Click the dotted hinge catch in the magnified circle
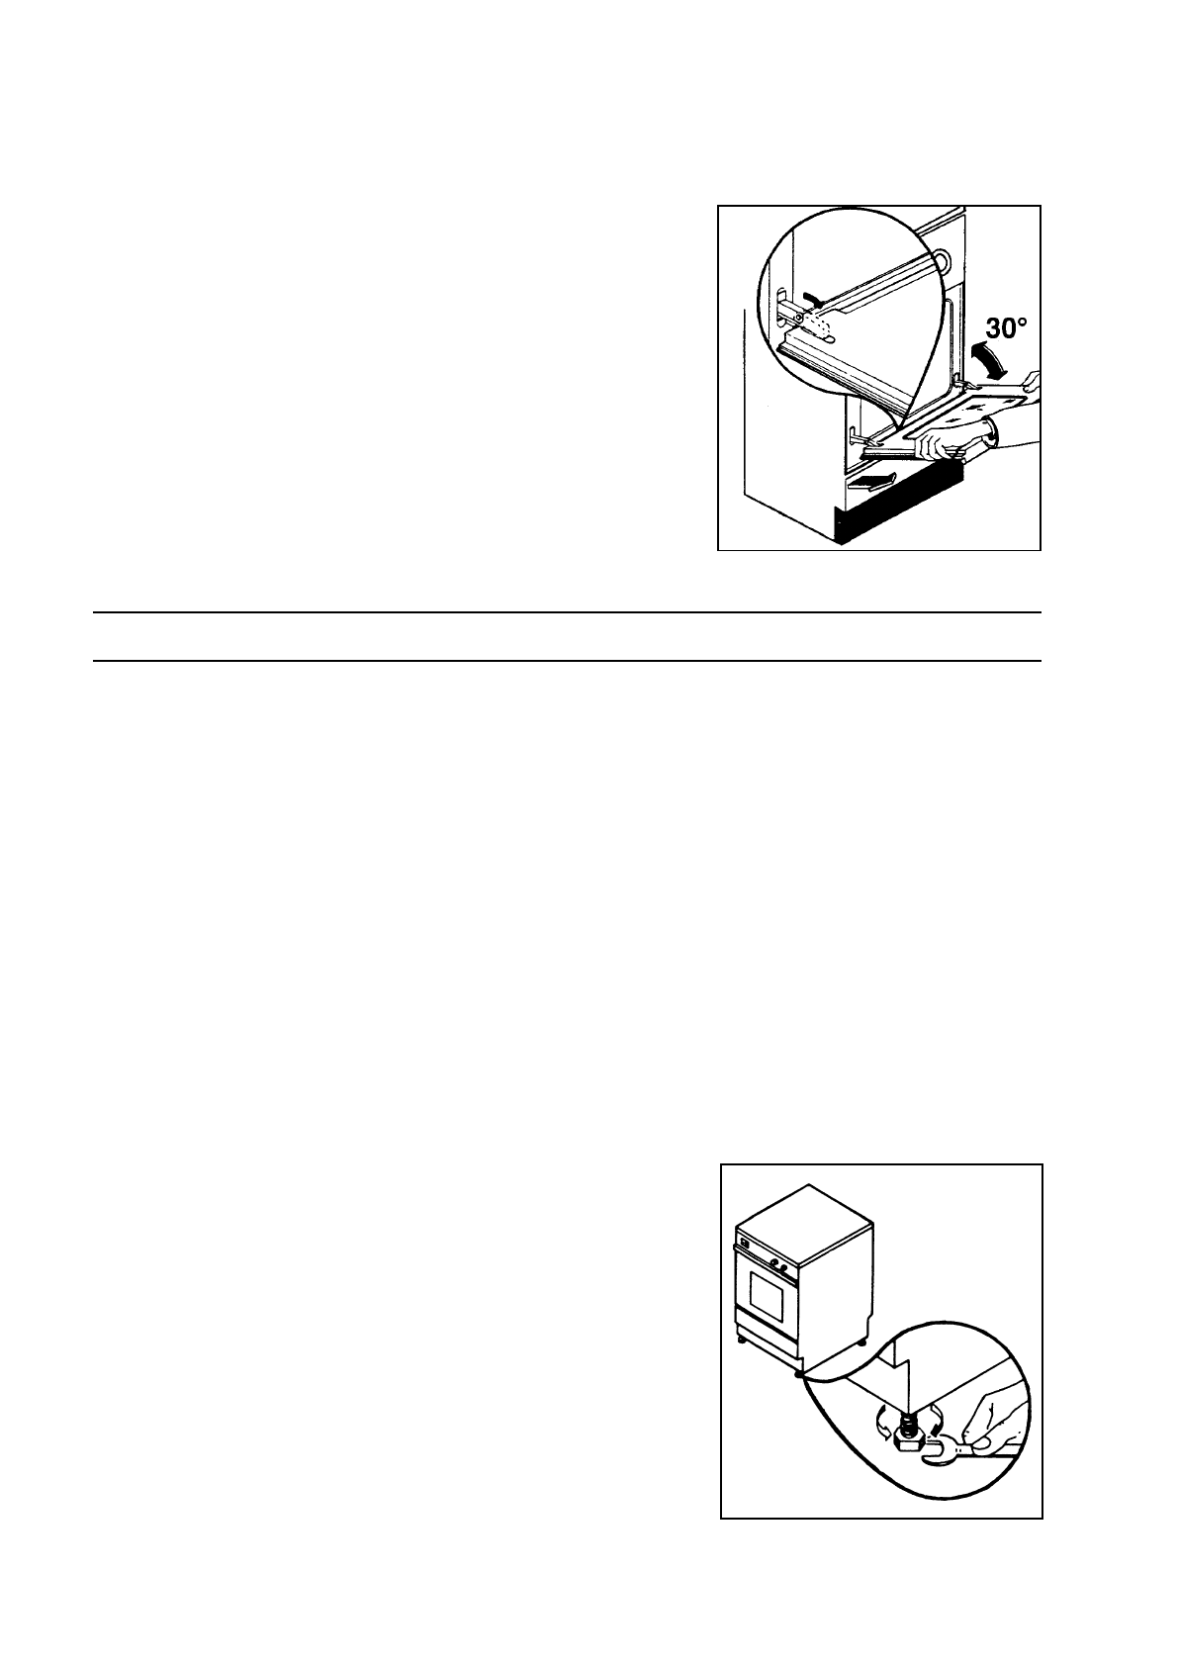(821, 323)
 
